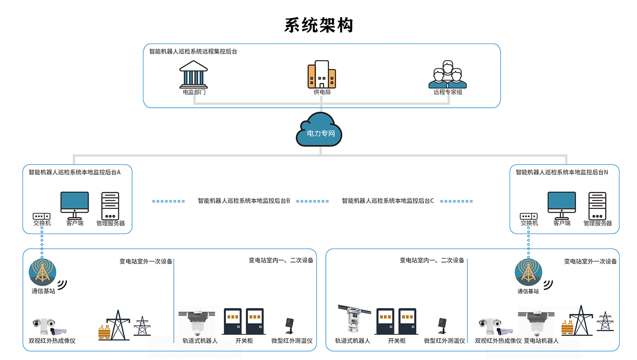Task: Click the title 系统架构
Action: (318, 25)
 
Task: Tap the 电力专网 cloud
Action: (320, 130)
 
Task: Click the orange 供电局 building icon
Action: (321, 75)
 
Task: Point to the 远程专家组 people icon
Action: (448, 75)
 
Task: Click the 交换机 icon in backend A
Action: (42, 216)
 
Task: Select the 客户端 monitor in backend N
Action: (561, 205)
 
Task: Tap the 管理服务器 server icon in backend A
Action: (110, 206)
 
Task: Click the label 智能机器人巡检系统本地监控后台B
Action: (244, 201)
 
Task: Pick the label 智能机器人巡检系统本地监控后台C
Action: (388, 201)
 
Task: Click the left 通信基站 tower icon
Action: (43, 272)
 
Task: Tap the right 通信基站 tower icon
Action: (528, 272)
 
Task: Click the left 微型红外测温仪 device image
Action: (289, 325)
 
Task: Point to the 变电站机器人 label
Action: (541, 341)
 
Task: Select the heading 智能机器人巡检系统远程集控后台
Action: (193, 52)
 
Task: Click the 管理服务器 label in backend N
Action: (597, 223)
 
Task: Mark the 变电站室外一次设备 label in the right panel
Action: (590, 262)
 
